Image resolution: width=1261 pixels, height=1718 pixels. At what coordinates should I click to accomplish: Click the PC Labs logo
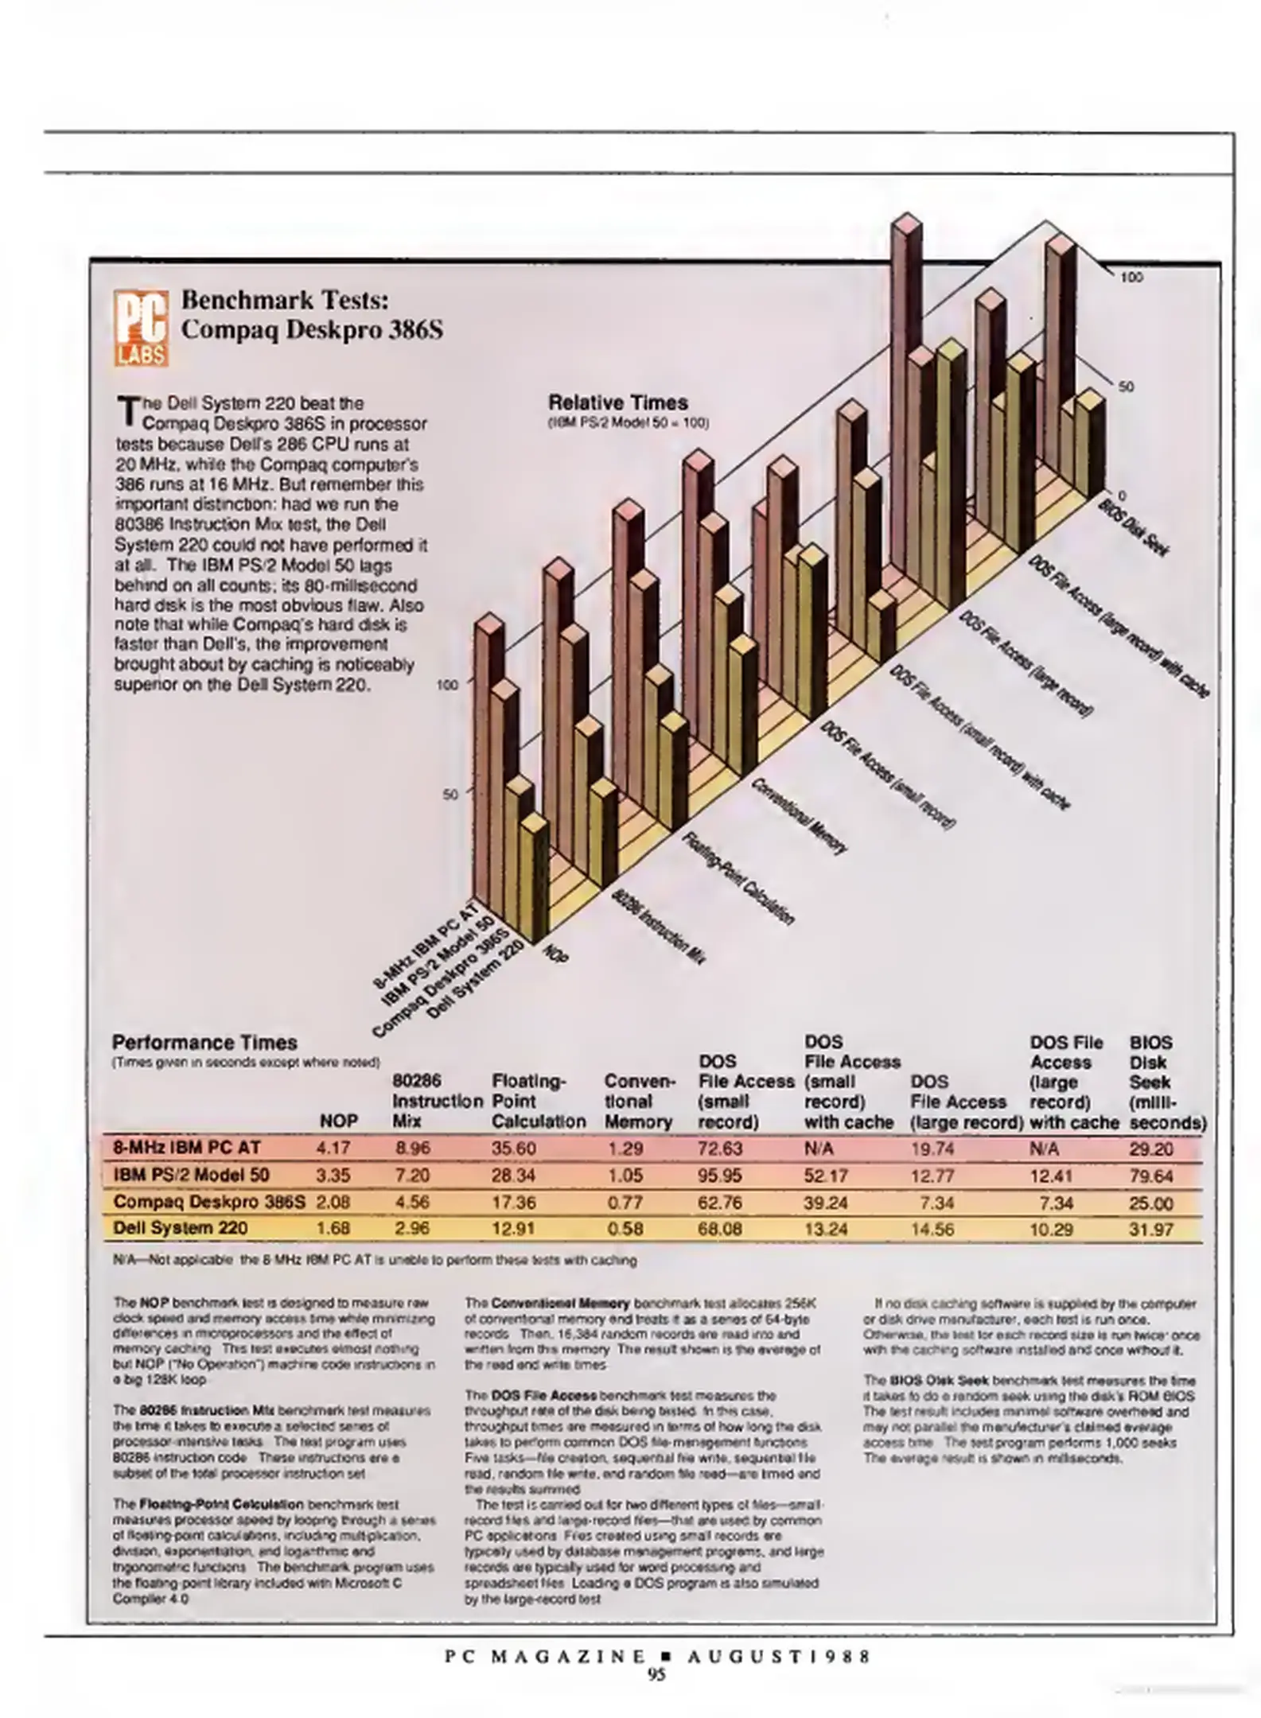[x=142, y=327]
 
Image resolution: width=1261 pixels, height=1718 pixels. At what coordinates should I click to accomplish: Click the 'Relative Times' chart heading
[x=618, y=402]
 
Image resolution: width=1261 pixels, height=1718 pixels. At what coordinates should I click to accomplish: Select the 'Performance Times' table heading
[x=204, y=1043]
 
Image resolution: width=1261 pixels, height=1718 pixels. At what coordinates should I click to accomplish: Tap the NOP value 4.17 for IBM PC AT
[x=333, y=1149]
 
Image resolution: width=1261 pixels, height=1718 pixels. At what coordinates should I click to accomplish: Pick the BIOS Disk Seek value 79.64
[x=1150, y=1176]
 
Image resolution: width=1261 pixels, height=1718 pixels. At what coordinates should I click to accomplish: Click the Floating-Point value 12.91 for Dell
[x=513, y=1229]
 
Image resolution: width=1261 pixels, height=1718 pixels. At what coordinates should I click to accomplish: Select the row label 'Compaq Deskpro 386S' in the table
[x=209, y=1202]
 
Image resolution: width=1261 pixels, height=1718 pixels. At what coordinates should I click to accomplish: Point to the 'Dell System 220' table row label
[x=181, y=1228]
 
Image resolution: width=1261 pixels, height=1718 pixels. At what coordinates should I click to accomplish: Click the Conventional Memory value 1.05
[x=625, y=1176]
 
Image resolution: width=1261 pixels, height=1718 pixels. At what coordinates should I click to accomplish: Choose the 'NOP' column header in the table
[x=338, y=1121]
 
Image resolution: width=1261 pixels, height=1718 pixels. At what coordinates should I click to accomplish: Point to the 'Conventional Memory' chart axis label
[x=798, y=815]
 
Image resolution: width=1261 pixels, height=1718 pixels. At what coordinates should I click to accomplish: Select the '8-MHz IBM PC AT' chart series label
[x=425, y=945]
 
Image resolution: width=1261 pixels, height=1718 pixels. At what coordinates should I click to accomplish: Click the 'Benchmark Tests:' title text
[x=285, y=300]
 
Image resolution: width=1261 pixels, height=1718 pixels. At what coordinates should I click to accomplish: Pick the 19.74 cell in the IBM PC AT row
[x=932, y=1149]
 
